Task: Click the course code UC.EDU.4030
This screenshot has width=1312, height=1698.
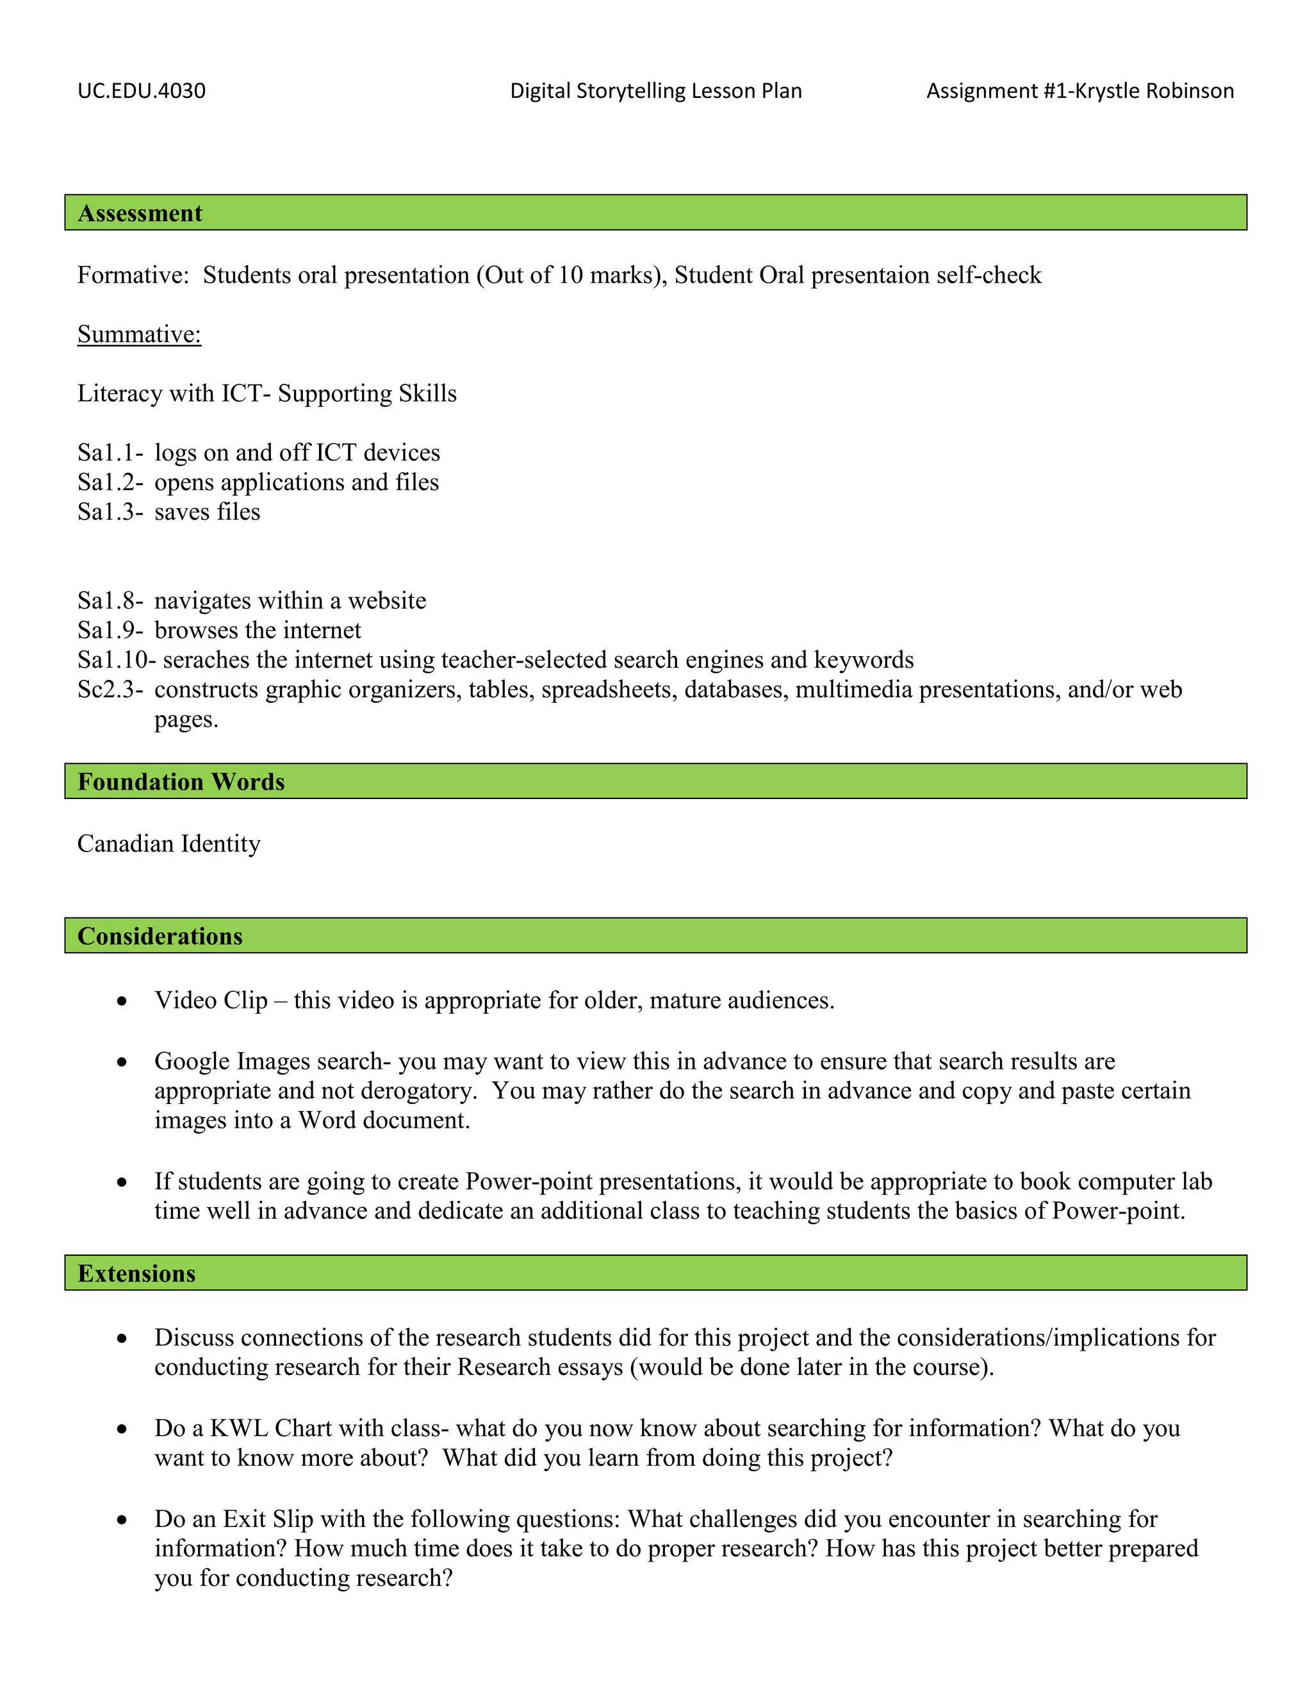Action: (x=142, y=91)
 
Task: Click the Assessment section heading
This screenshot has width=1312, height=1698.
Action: (x=140, y=213)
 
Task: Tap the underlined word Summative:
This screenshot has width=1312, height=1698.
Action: (x=139, y=334)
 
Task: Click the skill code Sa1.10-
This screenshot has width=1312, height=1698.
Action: (x=117, y=660)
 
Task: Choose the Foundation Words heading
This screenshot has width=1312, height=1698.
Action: (x=181, y=781)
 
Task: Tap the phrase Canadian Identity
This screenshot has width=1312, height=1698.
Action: (x=168, y=844)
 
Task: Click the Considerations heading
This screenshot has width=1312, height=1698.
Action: (x=160, y=936)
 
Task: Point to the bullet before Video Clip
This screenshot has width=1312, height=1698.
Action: (x=122, y=1001)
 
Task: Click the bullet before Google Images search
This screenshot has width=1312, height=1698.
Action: (x=122, y=1062)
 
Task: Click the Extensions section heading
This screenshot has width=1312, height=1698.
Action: (x=137, y=1274)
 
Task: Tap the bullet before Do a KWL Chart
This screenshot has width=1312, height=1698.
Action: (x=122, y=1429)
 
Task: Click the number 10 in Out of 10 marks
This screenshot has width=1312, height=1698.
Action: (x=571, y=276)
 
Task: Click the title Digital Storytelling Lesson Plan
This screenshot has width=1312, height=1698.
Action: (x=656, y=91)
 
